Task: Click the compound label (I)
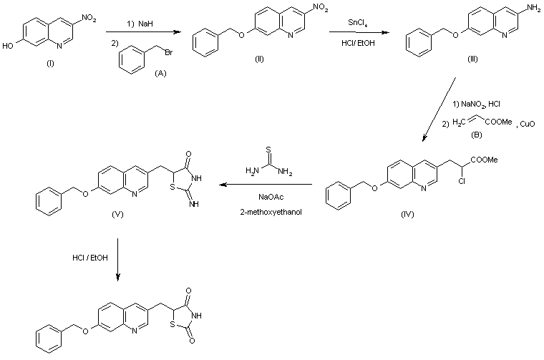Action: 50,64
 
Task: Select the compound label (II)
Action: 259,59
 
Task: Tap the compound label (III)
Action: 472,59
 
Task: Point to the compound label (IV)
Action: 407,214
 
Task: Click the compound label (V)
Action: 117,214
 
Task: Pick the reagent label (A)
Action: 160,73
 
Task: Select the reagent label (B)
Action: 476,135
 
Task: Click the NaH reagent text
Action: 145,24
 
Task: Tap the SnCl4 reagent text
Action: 358,23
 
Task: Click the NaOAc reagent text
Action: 271,197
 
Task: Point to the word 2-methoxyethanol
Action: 271,212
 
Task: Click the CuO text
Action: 528,124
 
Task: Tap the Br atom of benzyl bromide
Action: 169,52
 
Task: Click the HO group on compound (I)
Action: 7,46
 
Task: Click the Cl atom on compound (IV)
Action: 462,180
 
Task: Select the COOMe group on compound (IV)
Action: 484,160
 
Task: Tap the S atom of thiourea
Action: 268,150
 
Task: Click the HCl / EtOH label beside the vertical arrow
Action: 90,258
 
